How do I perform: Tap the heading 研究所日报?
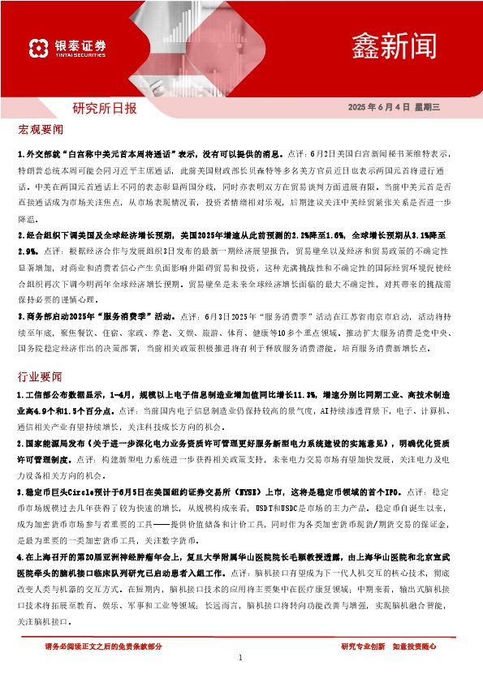pos(105,108)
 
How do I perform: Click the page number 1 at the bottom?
pos(241,657)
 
